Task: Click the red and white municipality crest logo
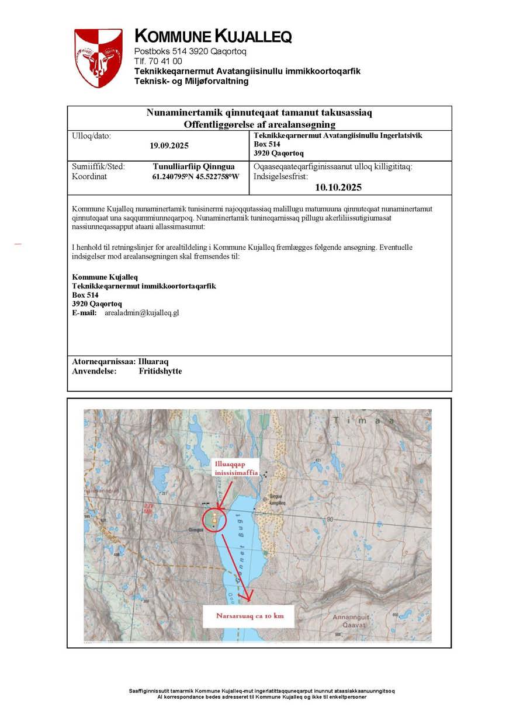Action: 98,58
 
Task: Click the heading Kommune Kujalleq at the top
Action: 213,37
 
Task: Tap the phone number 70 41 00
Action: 167,61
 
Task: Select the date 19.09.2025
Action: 169,146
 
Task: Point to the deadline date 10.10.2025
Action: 338,187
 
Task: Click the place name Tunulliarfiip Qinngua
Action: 193,166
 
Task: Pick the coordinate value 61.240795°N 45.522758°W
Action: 195,176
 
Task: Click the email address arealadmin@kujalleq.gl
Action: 141,313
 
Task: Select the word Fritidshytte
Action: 160,371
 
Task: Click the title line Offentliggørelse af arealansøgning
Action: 259,124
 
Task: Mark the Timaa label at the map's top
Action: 363,420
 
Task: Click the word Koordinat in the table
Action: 89,176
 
